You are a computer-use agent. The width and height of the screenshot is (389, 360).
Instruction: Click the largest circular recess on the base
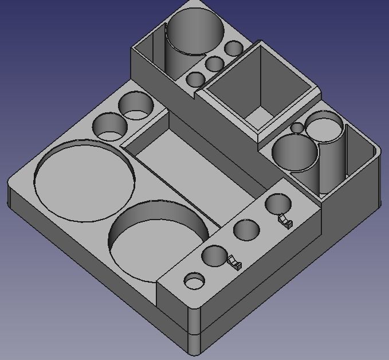tap(85, 181)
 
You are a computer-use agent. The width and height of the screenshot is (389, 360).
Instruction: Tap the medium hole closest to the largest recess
tap(109, 127)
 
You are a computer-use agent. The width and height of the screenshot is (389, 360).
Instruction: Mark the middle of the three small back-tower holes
tap(215, 64)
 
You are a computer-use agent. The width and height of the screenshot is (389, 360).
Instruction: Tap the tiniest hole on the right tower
tap(297, 128)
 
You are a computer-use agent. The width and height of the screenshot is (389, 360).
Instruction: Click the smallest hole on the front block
tap(194, 281)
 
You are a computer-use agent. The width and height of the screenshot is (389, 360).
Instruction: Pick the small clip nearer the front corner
tap(234, 264)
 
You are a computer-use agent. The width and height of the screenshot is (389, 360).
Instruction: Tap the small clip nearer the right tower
tap(285, 220)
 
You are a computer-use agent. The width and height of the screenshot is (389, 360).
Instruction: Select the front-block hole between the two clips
tap(246, 230)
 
